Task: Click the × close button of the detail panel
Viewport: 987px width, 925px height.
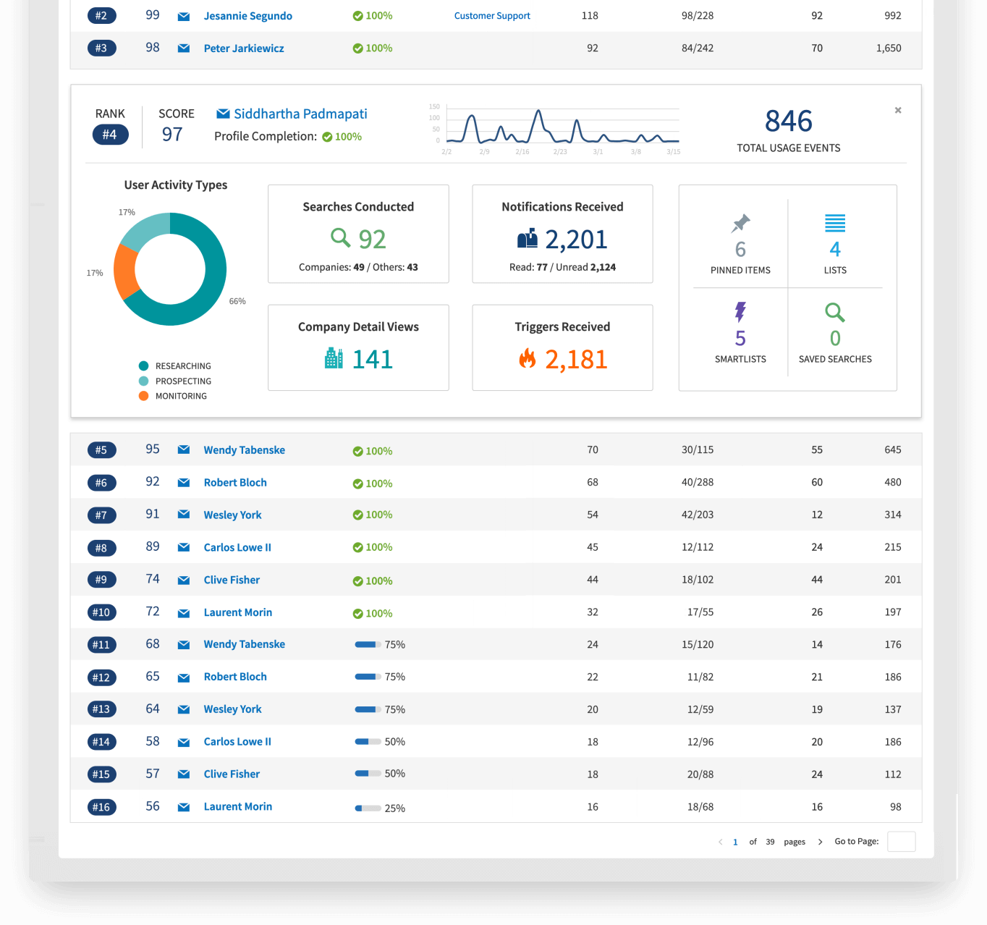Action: [898, 111]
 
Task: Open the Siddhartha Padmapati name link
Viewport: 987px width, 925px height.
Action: [300, 114]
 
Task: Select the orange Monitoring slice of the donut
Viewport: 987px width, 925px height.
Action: [125, 271]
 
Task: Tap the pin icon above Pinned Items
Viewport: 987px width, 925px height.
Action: [740, 224]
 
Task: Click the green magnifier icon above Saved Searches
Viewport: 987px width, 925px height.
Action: [835, 313]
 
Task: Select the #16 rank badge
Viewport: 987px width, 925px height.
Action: [101, 807]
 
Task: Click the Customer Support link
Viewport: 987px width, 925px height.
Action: [492, 16]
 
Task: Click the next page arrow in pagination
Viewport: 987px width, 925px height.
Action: [820, 842]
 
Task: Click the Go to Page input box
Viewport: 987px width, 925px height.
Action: [901, 842]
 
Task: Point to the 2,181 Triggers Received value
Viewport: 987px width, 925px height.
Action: [576, 360]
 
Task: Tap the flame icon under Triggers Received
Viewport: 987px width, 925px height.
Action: [528, 358]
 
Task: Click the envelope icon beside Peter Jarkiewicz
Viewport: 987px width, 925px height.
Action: [184, 48]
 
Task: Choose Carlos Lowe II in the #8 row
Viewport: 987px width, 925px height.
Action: [237, 548]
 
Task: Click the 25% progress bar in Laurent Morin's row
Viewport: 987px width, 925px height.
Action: [368, 808]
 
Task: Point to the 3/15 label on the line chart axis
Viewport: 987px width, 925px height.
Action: [673, 152]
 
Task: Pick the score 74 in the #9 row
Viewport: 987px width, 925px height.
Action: [153, 579]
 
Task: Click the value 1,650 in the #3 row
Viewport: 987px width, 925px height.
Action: [889, 48]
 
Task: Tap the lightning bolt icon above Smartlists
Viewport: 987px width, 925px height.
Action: [740, 312]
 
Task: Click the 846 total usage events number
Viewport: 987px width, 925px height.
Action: [789, 121]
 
